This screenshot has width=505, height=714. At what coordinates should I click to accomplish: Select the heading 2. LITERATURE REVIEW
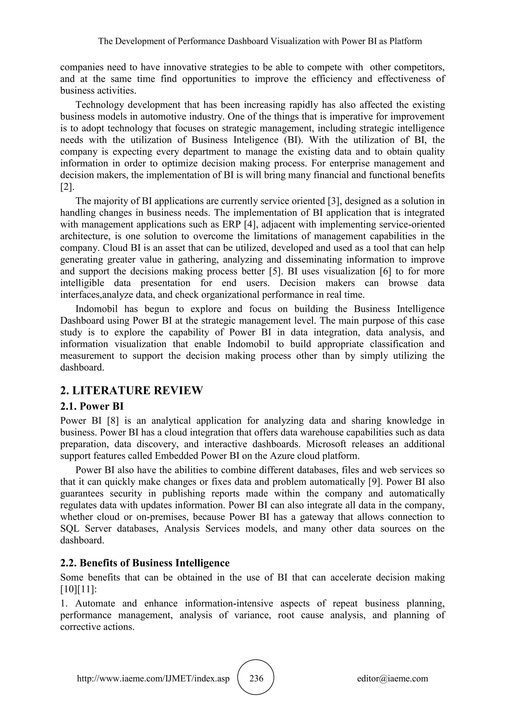[131, 390]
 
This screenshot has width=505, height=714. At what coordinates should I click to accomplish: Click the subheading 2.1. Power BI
[92, 406]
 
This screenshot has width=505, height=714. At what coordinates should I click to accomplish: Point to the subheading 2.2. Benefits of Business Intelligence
[145, 563]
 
